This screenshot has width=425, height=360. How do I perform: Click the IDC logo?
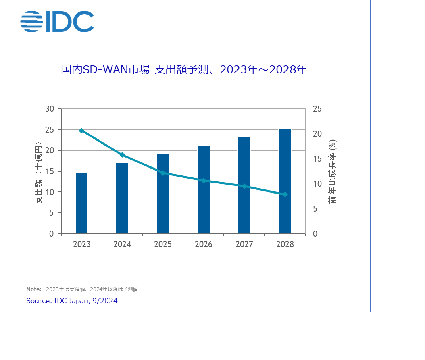(57, 22)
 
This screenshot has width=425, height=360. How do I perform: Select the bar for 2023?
(81, 203)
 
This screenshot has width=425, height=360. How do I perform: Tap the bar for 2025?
(163, 194)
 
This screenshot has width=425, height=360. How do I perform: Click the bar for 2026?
(204, 189)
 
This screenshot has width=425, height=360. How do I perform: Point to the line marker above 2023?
(81, 131)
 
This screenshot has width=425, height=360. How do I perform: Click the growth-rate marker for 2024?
(122, 155)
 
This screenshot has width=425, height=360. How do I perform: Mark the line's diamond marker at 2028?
(285, 194)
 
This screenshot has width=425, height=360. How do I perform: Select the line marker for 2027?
(244, 186)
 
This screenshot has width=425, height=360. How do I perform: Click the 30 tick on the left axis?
(50, 109)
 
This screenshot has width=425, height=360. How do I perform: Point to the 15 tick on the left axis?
(50, 171)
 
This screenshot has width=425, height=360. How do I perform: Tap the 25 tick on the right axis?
(317, 109)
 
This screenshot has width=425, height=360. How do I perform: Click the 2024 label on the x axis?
(122, 245)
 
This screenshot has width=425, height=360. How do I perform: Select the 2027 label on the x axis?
(244, 245)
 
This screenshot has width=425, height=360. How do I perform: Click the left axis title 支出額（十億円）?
(39, 173)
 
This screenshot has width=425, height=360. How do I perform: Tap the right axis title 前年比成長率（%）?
(333, 171)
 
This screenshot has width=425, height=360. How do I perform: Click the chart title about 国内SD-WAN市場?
(184, 70)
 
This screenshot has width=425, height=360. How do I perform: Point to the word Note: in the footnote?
(34, 289)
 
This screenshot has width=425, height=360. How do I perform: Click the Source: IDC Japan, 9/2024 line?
(72, 301)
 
